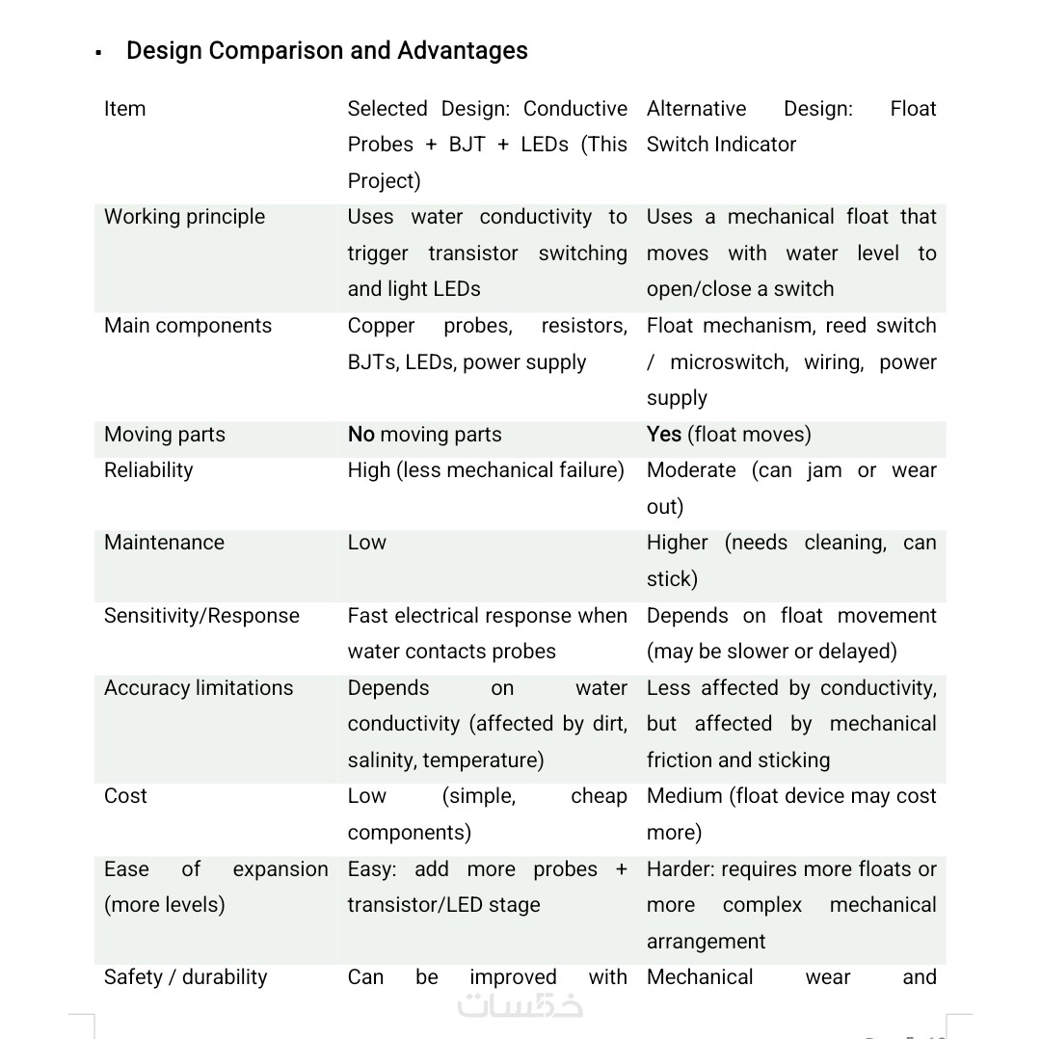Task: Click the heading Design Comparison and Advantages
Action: [327, 51]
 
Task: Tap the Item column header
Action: [125, 109]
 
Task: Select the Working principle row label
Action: [184, 217]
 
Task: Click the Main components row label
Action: [188, 326]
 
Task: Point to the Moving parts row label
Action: [165, 435]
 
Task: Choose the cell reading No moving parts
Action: [424, 435]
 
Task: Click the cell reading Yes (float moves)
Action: [729, 435]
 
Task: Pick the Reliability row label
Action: [148, 470]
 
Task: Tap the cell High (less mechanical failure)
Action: [486, 470]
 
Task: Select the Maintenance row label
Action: [164, 543]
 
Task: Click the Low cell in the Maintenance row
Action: [367, 543]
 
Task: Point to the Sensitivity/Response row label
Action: [201, 616]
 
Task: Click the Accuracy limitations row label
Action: [199, 688]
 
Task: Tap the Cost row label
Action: [125, 796]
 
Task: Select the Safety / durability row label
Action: [186, 977]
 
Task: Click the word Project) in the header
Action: [384, 181]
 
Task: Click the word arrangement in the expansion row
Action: [706, 942]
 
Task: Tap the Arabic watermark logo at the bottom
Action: [520, 1004]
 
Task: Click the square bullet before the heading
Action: [99, 53]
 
